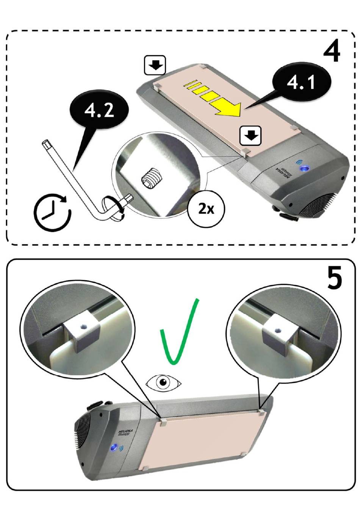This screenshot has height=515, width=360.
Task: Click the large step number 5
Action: click(334, 278)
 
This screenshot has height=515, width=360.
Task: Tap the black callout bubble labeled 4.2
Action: click(99, 111)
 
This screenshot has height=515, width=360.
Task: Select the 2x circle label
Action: click(206, 209)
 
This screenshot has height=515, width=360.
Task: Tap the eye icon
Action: click(164, 382)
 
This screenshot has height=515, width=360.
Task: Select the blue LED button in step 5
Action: click(113, 448)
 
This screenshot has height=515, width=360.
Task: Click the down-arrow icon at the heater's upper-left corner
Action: click(155, 65)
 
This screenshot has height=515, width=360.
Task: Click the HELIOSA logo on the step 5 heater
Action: click(124, 432)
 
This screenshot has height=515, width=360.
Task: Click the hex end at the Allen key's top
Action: click(46, 144)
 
